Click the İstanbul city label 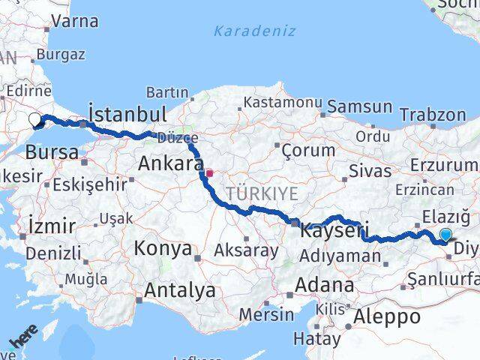click(x=127, y=114)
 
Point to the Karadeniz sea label click(x=254, y=31)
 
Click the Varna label click(x=75, y=21)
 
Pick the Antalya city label click(x=180, y=290)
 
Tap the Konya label click(x=162, y=248)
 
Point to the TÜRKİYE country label click(x=262, y=193)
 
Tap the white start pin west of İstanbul click(x=35, y=118)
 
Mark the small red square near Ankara click(x=210, y=173)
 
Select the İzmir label click(x=51, y=226)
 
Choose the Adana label click(x=325, y=285)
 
